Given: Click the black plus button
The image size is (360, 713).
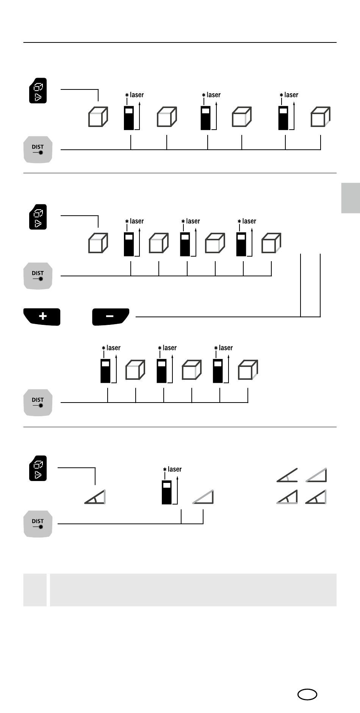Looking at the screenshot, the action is [42, 316].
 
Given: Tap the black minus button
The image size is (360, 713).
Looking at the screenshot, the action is [110, 316].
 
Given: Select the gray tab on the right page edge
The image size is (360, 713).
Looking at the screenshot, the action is [351, 198].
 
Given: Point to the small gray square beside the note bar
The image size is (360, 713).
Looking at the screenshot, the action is [35, 589].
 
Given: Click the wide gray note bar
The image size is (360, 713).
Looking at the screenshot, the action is [193, 589].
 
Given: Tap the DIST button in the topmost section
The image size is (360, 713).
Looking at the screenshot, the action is [38, 149].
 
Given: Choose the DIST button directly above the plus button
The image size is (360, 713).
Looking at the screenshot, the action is [38, 276].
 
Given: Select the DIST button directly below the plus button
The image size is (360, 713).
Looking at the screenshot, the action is [38, 402].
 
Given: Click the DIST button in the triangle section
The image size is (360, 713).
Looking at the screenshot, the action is [38, 523].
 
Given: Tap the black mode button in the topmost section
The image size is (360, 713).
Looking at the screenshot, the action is [38, 91].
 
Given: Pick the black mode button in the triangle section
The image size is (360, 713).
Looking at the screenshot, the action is [38, 468].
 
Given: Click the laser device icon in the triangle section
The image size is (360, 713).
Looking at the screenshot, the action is [167, 492].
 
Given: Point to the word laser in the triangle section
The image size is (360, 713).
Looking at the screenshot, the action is [175, 469].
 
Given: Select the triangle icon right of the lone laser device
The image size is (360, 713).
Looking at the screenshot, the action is [203, 497].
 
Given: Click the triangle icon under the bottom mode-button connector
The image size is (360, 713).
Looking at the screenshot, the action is [95, 497].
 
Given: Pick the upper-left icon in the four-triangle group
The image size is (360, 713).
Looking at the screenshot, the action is [287, 475].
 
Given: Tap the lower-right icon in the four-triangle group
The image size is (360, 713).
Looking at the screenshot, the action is [316, 497].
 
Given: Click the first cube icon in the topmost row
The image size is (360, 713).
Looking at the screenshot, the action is [98, 117].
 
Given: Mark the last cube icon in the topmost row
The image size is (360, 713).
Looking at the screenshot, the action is [320, 117].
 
